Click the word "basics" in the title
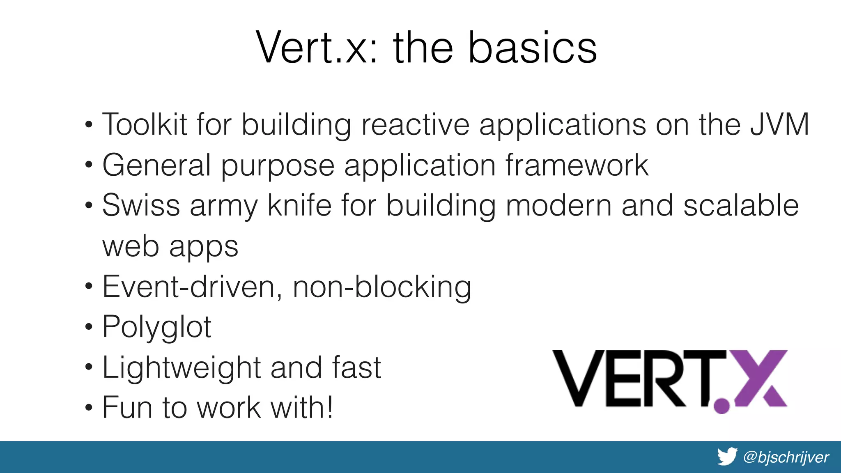[533, 48]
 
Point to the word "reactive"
[415, 124]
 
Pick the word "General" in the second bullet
[156, 165]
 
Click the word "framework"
[577, 165]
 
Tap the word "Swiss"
[141, 205]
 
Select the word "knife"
[299, 205]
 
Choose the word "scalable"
[741, 205]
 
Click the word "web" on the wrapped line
[130, 246]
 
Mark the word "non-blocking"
[382, 287]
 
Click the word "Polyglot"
[156, 327]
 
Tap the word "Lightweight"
[181, 367]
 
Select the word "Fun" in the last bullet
[127, 408]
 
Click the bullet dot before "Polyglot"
[89, 328]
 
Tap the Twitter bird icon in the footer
[727, 457]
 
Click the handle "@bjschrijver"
[786, 457]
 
